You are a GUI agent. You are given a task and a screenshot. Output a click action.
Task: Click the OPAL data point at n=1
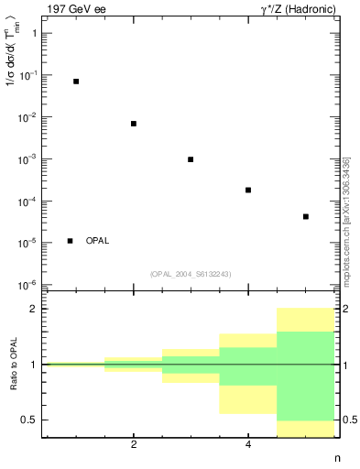(76, 82)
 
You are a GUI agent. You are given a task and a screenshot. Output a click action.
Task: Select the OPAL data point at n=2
(134, 124)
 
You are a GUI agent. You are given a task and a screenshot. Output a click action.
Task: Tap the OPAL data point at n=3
(191, 159)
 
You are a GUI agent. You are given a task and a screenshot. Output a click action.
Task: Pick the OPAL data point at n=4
(248, 190)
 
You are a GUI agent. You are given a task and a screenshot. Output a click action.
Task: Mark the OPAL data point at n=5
(305, 217)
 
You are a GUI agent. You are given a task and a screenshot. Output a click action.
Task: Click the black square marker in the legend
(71, 241)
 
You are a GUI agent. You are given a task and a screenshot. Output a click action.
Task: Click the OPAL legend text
(97, 241)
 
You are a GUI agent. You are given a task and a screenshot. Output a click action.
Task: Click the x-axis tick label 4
(248, 445)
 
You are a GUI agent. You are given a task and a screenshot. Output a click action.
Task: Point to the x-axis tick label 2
(134, 445)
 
